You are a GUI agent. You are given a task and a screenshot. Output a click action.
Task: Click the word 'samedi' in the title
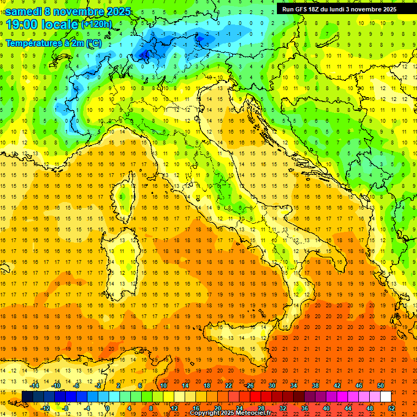click(23, 11)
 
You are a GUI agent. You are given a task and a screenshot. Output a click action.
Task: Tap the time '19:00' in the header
click(21, 24)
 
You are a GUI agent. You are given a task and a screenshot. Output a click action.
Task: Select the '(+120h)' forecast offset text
click(97, 24)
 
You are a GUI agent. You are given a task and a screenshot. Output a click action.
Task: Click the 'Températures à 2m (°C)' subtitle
click(53, 42)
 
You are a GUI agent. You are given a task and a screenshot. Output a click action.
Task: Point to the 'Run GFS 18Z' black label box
click(339, 9)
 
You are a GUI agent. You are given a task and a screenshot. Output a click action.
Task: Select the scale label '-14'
click(34, 386)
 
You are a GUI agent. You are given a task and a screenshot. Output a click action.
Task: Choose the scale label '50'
click(380, 386)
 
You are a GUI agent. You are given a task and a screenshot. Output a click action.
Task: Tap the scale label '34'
click(293, 386)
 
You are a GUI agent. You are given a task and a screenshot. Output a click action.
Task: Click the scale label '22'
click(228, 386)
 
